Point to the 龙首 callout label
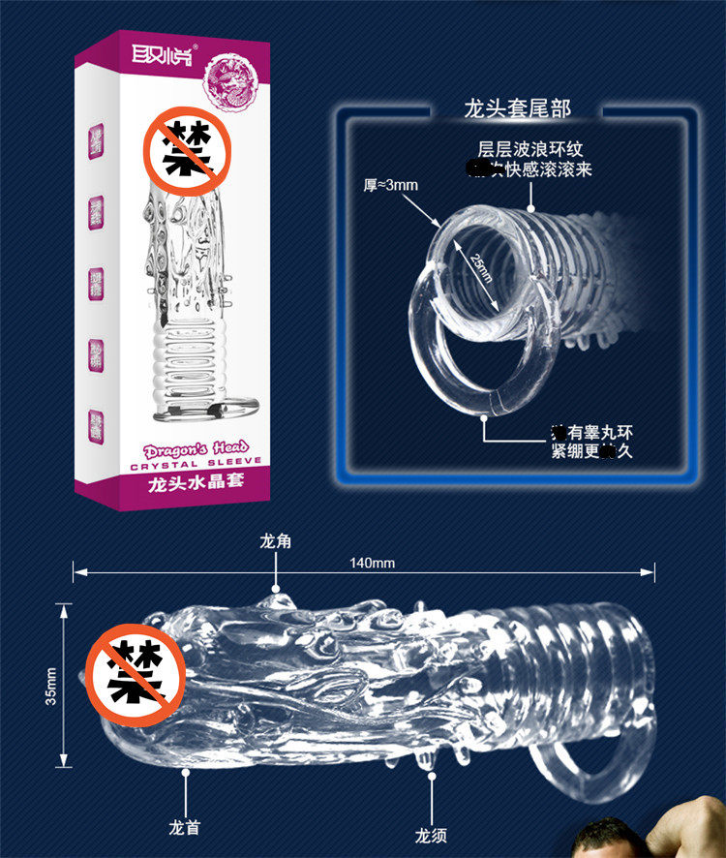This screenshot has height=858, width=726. point(184,827)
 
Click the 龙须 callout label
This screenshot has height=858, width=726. point(431,834)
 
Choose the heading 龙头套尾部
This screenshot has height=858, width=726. point(518,107)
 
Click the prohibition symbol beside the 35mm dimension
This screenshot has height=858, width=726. point(135,673)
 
